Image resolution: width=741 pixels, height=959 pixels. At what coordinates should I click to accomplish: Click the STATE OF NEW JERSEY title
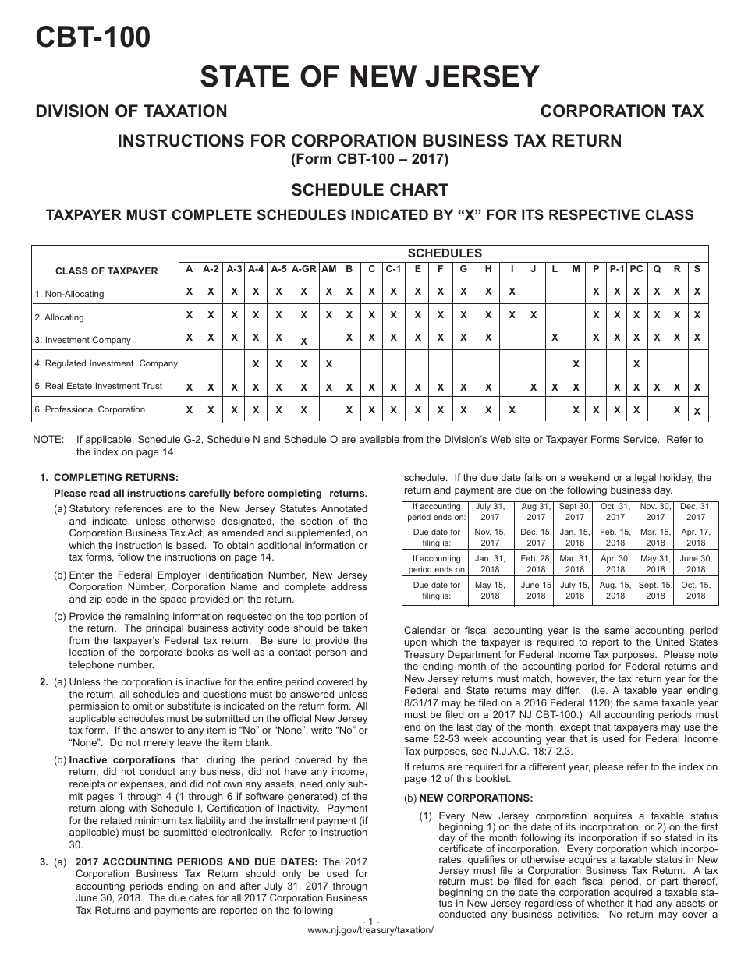pos(370,76)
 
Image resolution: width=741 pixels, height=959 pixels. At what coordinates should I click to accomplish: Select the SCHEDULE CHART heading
pos(370,190)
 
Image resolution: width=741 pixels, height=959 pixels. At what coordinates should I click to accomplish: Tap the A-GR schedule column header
pos(303,269)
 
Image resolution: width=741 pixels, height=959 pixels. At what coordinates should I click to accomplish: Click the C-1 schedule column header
pos(394,269)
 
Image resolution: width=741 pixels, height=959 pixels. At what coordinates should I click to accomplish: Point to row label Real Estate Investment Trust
pos(98,386)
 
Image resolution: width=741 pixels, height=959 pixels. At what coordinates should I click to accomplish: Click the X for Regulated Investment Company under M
pos(576,363)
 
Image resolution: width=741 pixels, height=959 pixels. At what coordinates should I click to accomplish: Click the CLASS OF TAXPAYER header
pos(106,271)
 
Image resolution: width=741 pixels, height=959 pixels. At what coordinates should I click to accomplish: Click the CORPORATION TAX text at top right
pos(622,111)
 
